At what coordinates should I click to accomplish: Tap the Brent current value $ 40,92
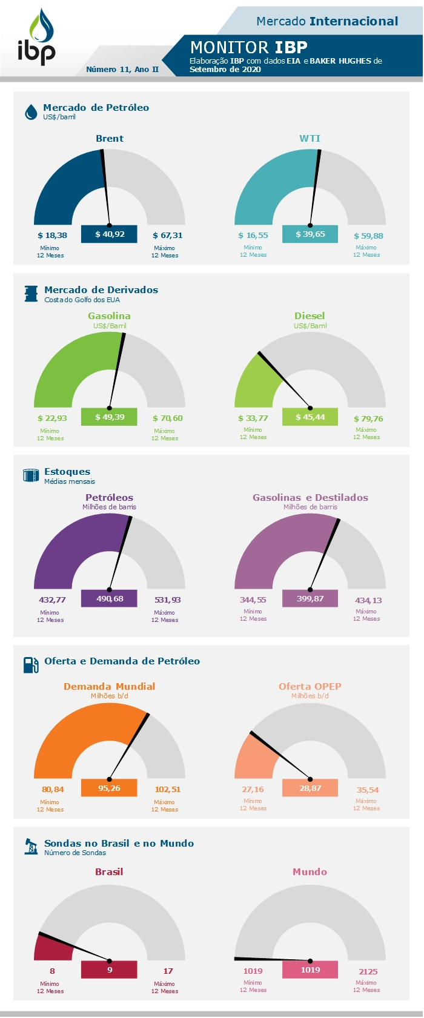click(109, 234)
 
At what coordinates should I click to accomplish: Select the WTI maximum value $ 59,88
click(368, 236)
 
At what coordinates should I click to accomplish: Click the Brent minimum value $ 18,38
click(52, 235)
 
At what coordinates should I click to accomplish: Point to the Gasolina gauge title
click(109, 316)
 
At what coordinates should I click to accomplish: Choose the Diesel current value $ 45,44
click(310, 417)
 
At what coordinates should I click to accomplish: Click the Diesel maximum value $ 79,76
click(368, 418)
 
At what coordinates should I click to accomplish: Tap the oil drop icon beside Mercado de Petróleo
click(31, 112)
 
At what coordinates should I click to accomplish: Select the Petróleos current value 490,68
click(109, 599)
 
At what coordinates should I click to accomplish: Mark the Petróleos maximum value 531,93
click(167, 600)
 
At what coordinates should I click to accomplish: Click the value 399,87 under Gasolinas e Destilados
click(310, 599)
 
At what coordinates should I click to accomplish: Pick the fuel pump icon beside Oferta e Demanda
click(31, 665)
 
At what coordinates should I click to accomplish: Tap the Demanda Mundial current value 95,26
click(109, 788)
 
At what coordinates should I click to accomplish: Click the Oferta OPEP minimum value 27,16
click(253, 790)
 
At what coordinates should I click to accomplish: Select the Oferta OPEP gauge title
click(310, 687)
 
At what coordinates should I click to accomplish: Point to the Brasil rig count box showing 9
click(109, 970)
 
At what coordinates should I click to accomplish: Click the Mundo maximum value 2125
click(368, 971)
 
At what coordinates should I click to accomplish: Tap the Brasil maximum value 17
click(168, 971)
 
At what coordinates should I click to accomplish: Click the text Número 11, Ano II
click(122, 70)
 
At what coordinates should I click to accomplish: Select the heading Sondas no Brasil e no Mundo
click(119, 844)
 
